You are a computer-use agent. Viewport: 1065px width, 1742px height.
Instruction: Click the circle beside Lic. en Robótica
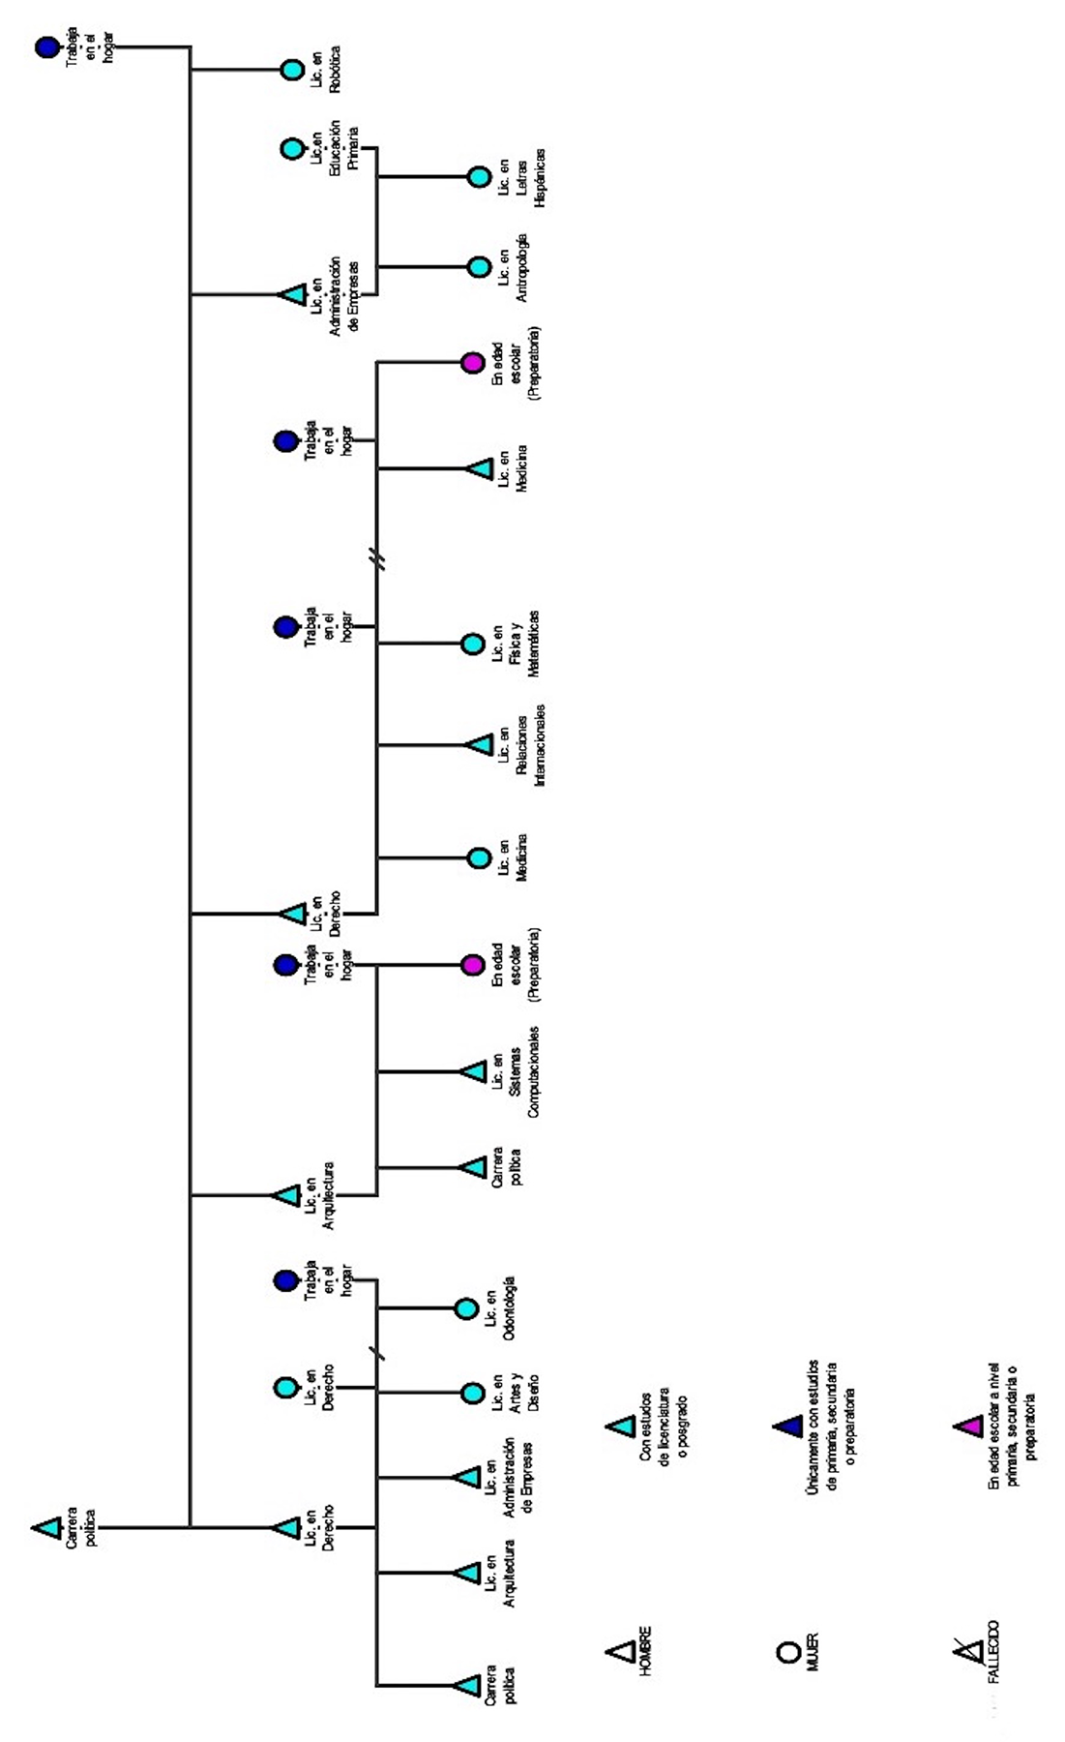pyautogui.click(x=292, y=70)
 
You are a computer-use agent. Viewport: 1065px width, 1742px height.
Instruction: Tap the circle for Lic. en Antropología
pyautogui.click(x=479, y=266)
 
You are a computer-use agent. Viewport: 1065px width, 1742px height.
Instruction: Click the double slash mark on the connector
pyautogui.click(x=379, y=559)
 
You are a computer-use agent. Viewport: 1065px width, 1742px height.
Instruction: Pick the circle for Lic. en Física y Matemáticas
pyautogui.click(x=472, y=644)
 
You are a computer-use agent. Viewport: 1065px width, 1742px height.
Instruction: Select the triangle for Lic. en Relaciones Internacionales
pyautogui.click(x=479, y=744)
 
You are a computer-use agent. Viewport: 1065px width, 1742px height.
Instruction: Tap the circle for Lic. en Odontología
pyautogui.click(x=466, y=1308)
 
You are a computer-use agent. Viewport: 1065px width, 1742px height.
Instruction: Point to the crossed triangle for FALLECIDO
pyautogui.click(x=965, y=1649)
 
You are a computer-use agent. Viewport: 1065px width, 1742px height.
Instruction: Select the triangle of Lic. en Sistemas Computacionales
pyautogui.click(x=474, y=1071)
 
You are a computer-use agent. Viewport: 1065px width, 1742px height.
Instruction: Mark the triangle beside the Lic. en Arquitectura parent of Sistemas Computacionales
pyautogui.click(x=287, y=1195)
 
